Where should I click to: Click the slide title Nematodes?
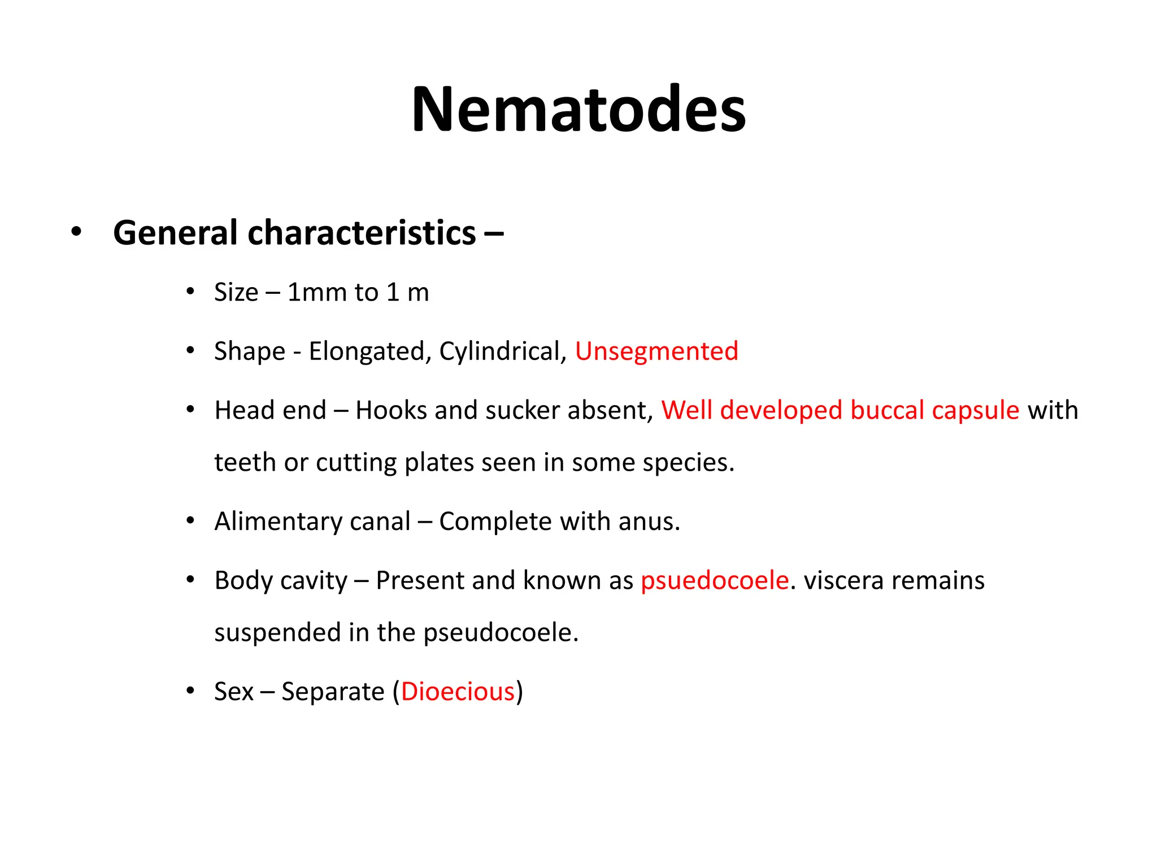[578, 109]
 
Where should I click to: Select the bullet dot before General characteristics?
[76, 232]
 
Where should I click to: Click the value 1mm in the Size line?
[317, 293]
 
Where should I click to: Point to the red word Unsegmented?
[656, 351]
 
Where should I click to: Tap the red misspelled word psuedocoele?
[715, 581]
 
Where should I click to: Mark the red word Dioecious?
[458, 692]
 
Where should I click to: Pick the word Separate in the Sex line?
[333, 692]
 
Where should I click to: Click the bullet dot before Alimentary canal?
[190, 520]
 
